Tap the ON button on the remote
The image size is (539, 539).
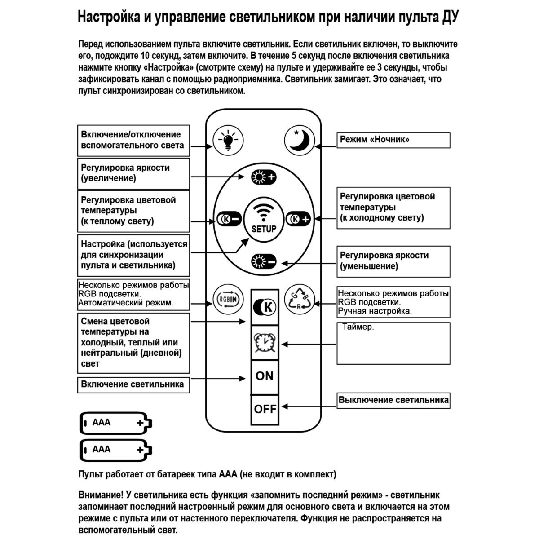[x=264, y=376]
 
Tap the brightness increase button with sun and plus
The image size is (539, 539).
[x=264, y=177]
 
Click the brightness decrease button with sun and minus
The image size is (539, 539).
[x=264, y=261]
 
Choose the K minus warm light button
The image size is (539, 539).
[x=229, y=219]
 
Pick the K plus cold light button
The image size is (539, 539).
[x=299, y=219]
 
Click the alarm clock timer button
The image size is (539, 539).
[x=264, y=343]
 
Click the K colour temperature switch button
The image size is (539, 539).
[x=264, y=307]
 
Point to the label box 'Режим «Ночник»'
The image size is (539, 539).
[x=393, y=140]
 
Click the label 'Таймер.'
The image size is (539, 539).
[x=358, y=327]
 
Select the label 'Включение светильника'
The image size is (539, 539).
[x=133, y=384]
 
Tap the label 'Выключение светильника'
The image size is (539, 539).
[x=393, y=400]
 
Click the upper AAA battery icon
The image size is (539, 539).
[x=116, y=423]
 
